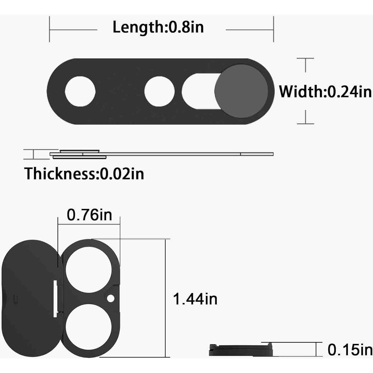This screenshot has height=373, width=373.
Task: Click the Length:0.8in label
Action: pos(158,27)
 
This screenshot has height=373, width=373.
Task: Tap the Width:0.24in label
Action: pos(325,91)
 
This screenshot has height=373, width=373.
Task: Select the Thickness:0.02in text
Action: pos(84,173)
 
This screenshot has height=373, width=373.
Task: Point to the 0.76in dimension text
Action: pos(89,215)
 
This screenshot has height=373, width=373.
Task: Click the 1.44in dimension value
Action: pos(195,299)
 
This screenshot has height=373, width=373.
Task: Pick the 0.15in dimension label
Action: pos(350,350)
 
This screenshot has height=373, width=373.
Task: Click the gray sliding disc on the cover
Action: pos(241,91)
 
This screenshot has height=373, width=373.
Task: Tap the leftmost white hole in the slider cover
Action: pos(80,91)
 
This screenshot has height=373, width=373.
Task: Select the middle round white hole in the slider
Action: pos(160,91)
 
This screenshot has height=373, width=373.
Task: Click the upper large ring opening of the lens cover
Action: pos(89,271)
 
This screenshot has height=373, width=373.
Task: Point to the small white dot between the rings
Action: pos(111,299)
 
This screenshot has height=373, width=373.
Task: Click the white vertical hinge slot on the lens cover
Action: pos(55,299)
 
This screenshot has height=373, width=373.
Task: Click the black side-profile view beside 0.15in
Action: pos(241,350)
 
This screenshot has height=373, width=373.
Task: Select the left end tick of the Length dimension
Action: pos(49,29)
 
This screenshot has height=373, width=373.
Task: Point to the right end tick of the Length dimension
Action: pos(273,29)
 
